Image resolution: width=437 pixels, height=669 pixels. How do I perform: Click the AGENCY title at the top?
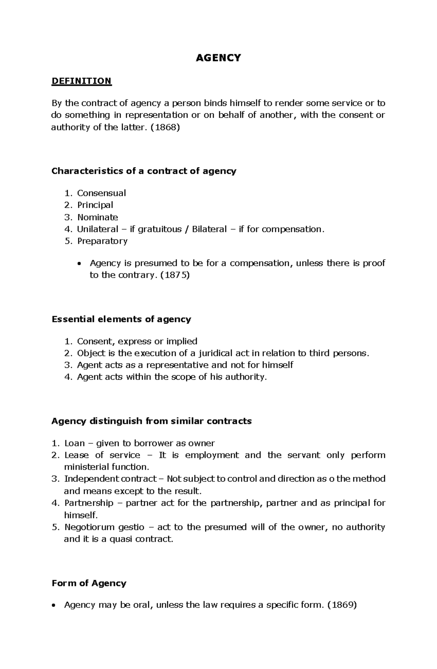218,58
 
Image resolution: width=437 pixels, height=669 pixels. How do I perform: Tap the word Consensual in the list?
101,193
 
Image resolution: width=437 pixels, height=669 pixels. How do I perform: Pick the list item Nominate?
98,217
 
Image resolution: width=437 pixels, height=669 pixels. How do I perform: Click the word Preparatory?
102,241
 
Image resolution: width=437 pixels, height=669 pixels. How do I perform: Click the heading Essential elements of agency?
121,319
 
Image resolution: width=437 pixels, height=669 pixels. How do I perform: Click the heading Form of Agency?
89,583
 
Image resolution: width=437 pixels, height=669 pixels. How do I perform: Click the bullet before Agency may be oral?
54,606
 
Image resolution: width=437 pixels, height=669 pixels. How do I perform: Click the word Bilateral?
209,229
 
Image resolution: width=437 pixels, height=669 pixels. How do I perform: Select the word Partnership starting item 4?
89,503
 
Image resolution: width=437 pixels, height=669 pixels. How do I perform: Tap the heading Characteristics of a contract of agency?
144,171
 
